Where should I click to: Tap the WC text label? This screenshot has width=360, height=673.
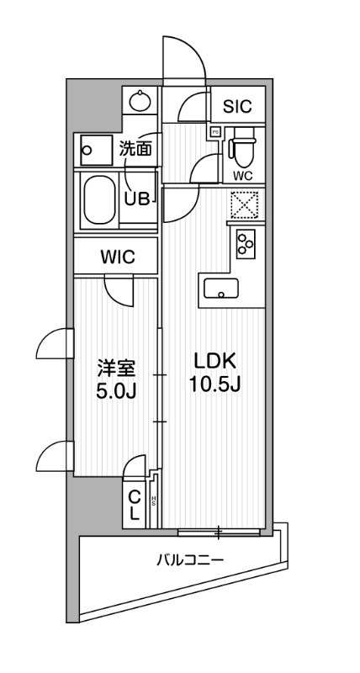242,175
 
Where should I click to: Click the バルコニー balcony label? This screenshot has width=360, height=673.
188,559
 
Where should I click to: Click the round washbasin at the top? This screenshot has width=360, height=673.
140,103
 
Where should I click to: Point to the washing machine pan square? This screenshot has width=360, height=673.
90,151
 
